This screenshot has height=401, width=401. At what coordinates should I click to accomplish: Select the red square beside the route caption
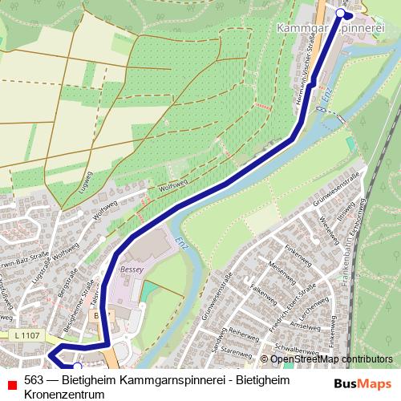10,381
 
